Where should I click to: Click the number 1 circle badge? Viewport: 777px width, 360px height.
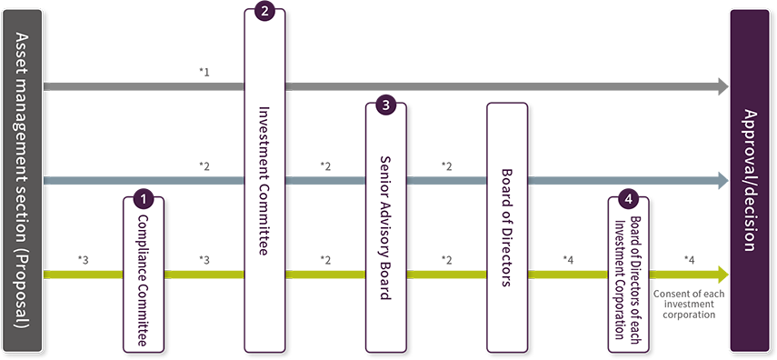point(142,195)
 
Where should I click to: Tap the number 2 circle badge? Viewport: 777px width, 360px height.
point(264,12)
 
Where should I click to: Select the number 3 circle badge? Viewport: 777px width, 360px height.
point(385,105)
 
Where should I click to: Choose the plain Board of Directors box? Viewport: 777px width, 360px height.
point(506,227)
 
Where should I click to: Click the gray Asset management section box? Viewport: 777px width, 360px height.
point(22,180)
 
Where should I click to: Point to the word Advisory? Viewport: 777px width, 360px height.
point(385,233)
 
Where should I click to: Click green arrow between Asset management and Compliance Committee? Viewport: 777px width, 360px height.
point(86,270)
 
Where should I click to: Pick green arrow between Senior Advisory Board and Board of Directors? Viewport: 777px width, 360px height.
point(446,270)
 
